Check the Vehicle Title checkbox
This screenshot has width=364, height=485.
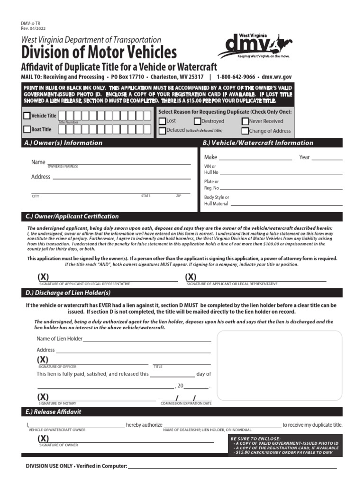pos(27,116)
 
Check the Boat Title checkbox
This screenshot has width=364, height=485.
pos(27,129)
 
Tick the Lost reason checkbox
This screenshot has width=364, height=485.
pos(162,121)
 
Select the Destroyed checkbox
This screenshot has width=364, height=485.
pos(198,121)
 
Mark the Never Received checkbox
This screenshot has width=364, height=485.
pos(245,121)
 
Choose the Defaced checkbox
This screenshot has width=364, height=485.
pos(162,131)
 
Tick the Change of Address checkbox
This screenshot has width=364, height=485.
pos(245,131)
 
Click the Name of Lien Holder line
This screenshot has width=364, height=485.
pos(147,340)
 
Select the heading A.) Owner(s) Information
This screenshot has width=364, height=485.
pos(64,143)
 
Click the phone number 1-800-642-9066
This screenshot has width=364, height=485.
pos(236,77)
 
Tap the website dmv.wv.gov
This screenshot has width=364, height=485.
pos(276,77)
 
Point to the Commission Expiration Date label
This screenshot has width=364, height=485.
pos(186,404)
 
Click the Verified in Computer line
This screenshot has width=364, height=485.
pos(232,467)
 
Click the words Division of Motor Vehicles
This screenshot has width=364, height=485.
pos(99,52)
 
